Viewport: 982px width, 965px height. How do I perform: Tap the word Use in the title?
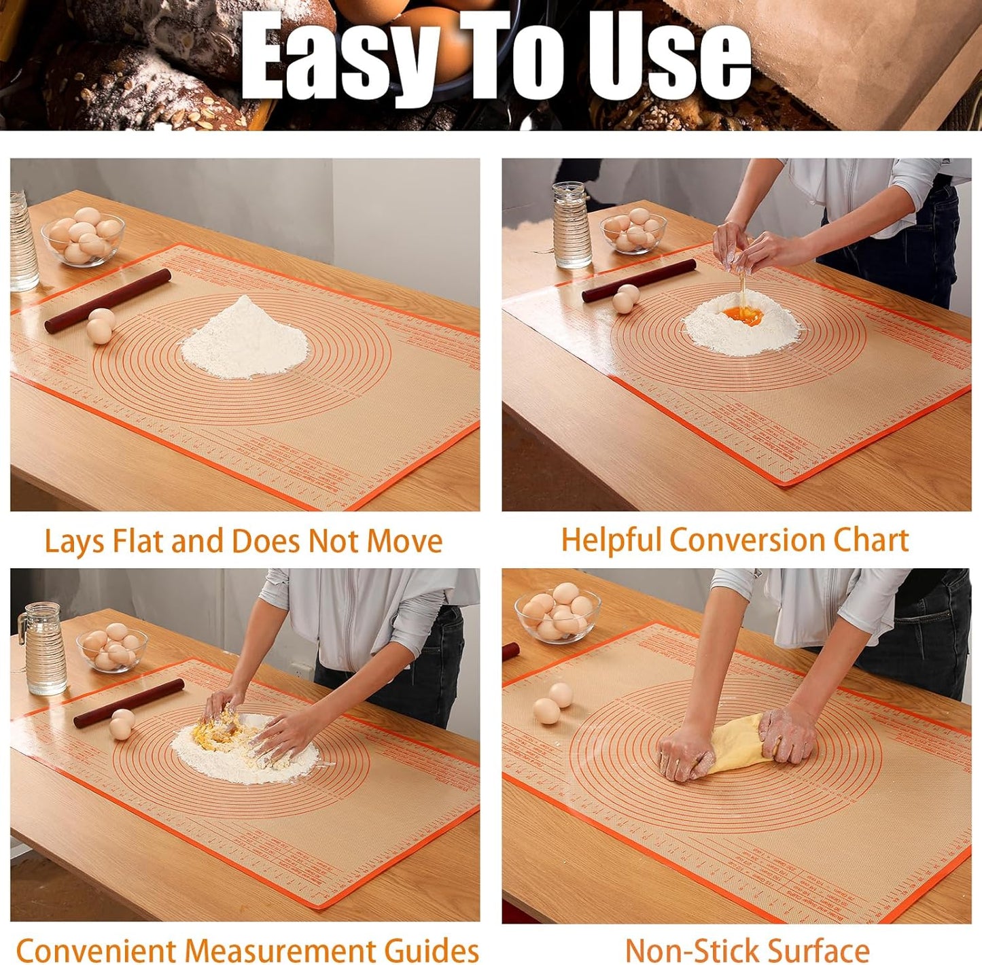tap(669, 58)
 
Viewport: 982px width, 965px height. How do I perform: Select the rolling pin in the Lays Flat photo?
tap(107, 300)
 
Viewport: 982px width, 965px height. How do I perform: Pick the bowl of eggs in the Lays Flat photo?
tap(82, 239)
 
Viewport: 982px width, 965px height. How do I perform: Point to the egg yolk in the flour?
tap(742, 315)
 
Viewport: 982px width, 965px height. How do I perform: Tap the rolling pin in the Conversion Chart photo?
tap(639, 280)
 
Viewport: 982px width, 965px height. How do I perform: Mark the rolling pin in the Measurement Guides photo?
tap(128, 703)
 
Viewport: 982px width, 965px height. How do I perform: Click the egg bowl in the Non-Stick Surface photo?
tap(557, 614)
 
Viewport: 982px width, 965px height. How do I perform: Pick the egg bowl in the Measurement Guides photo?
tap(111, 649)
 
